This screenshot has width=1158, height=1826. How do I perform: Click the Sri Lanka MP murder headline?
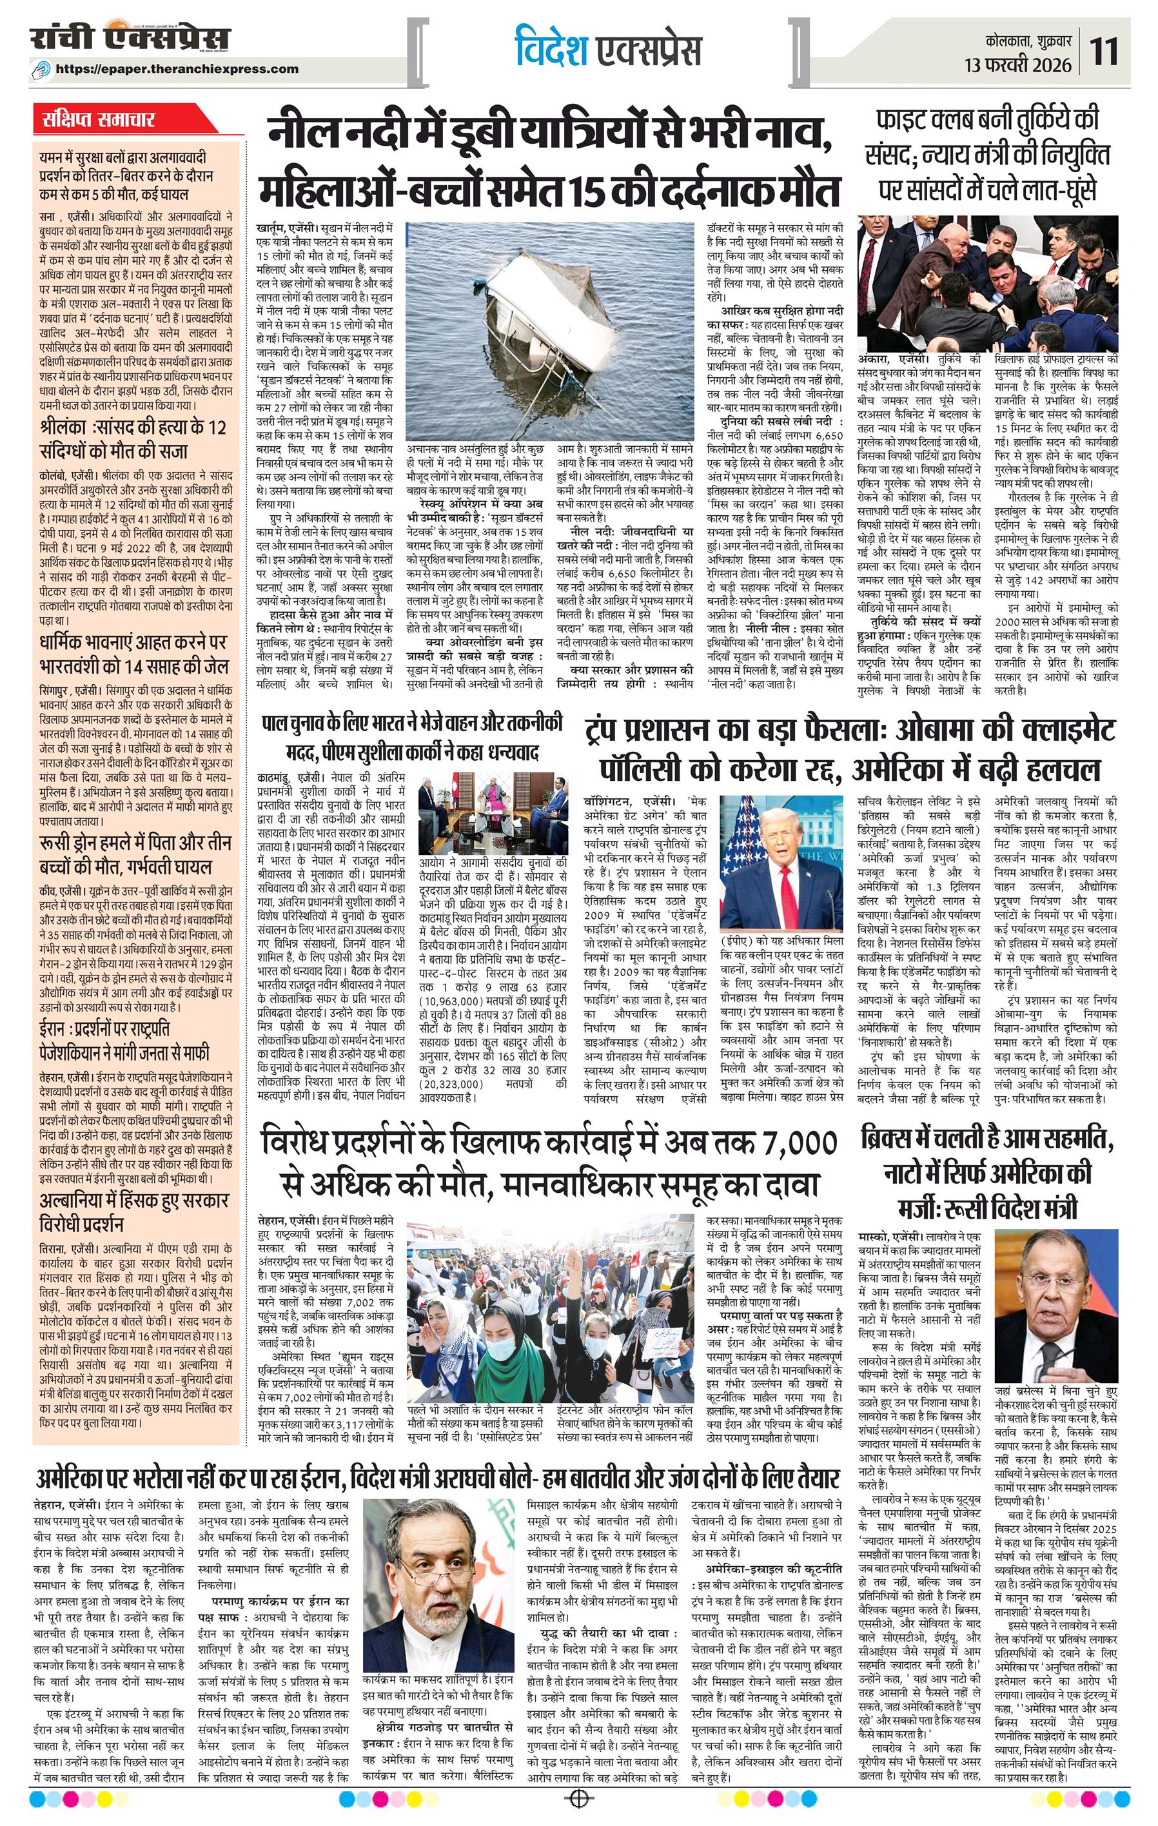tap(133, 439)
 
